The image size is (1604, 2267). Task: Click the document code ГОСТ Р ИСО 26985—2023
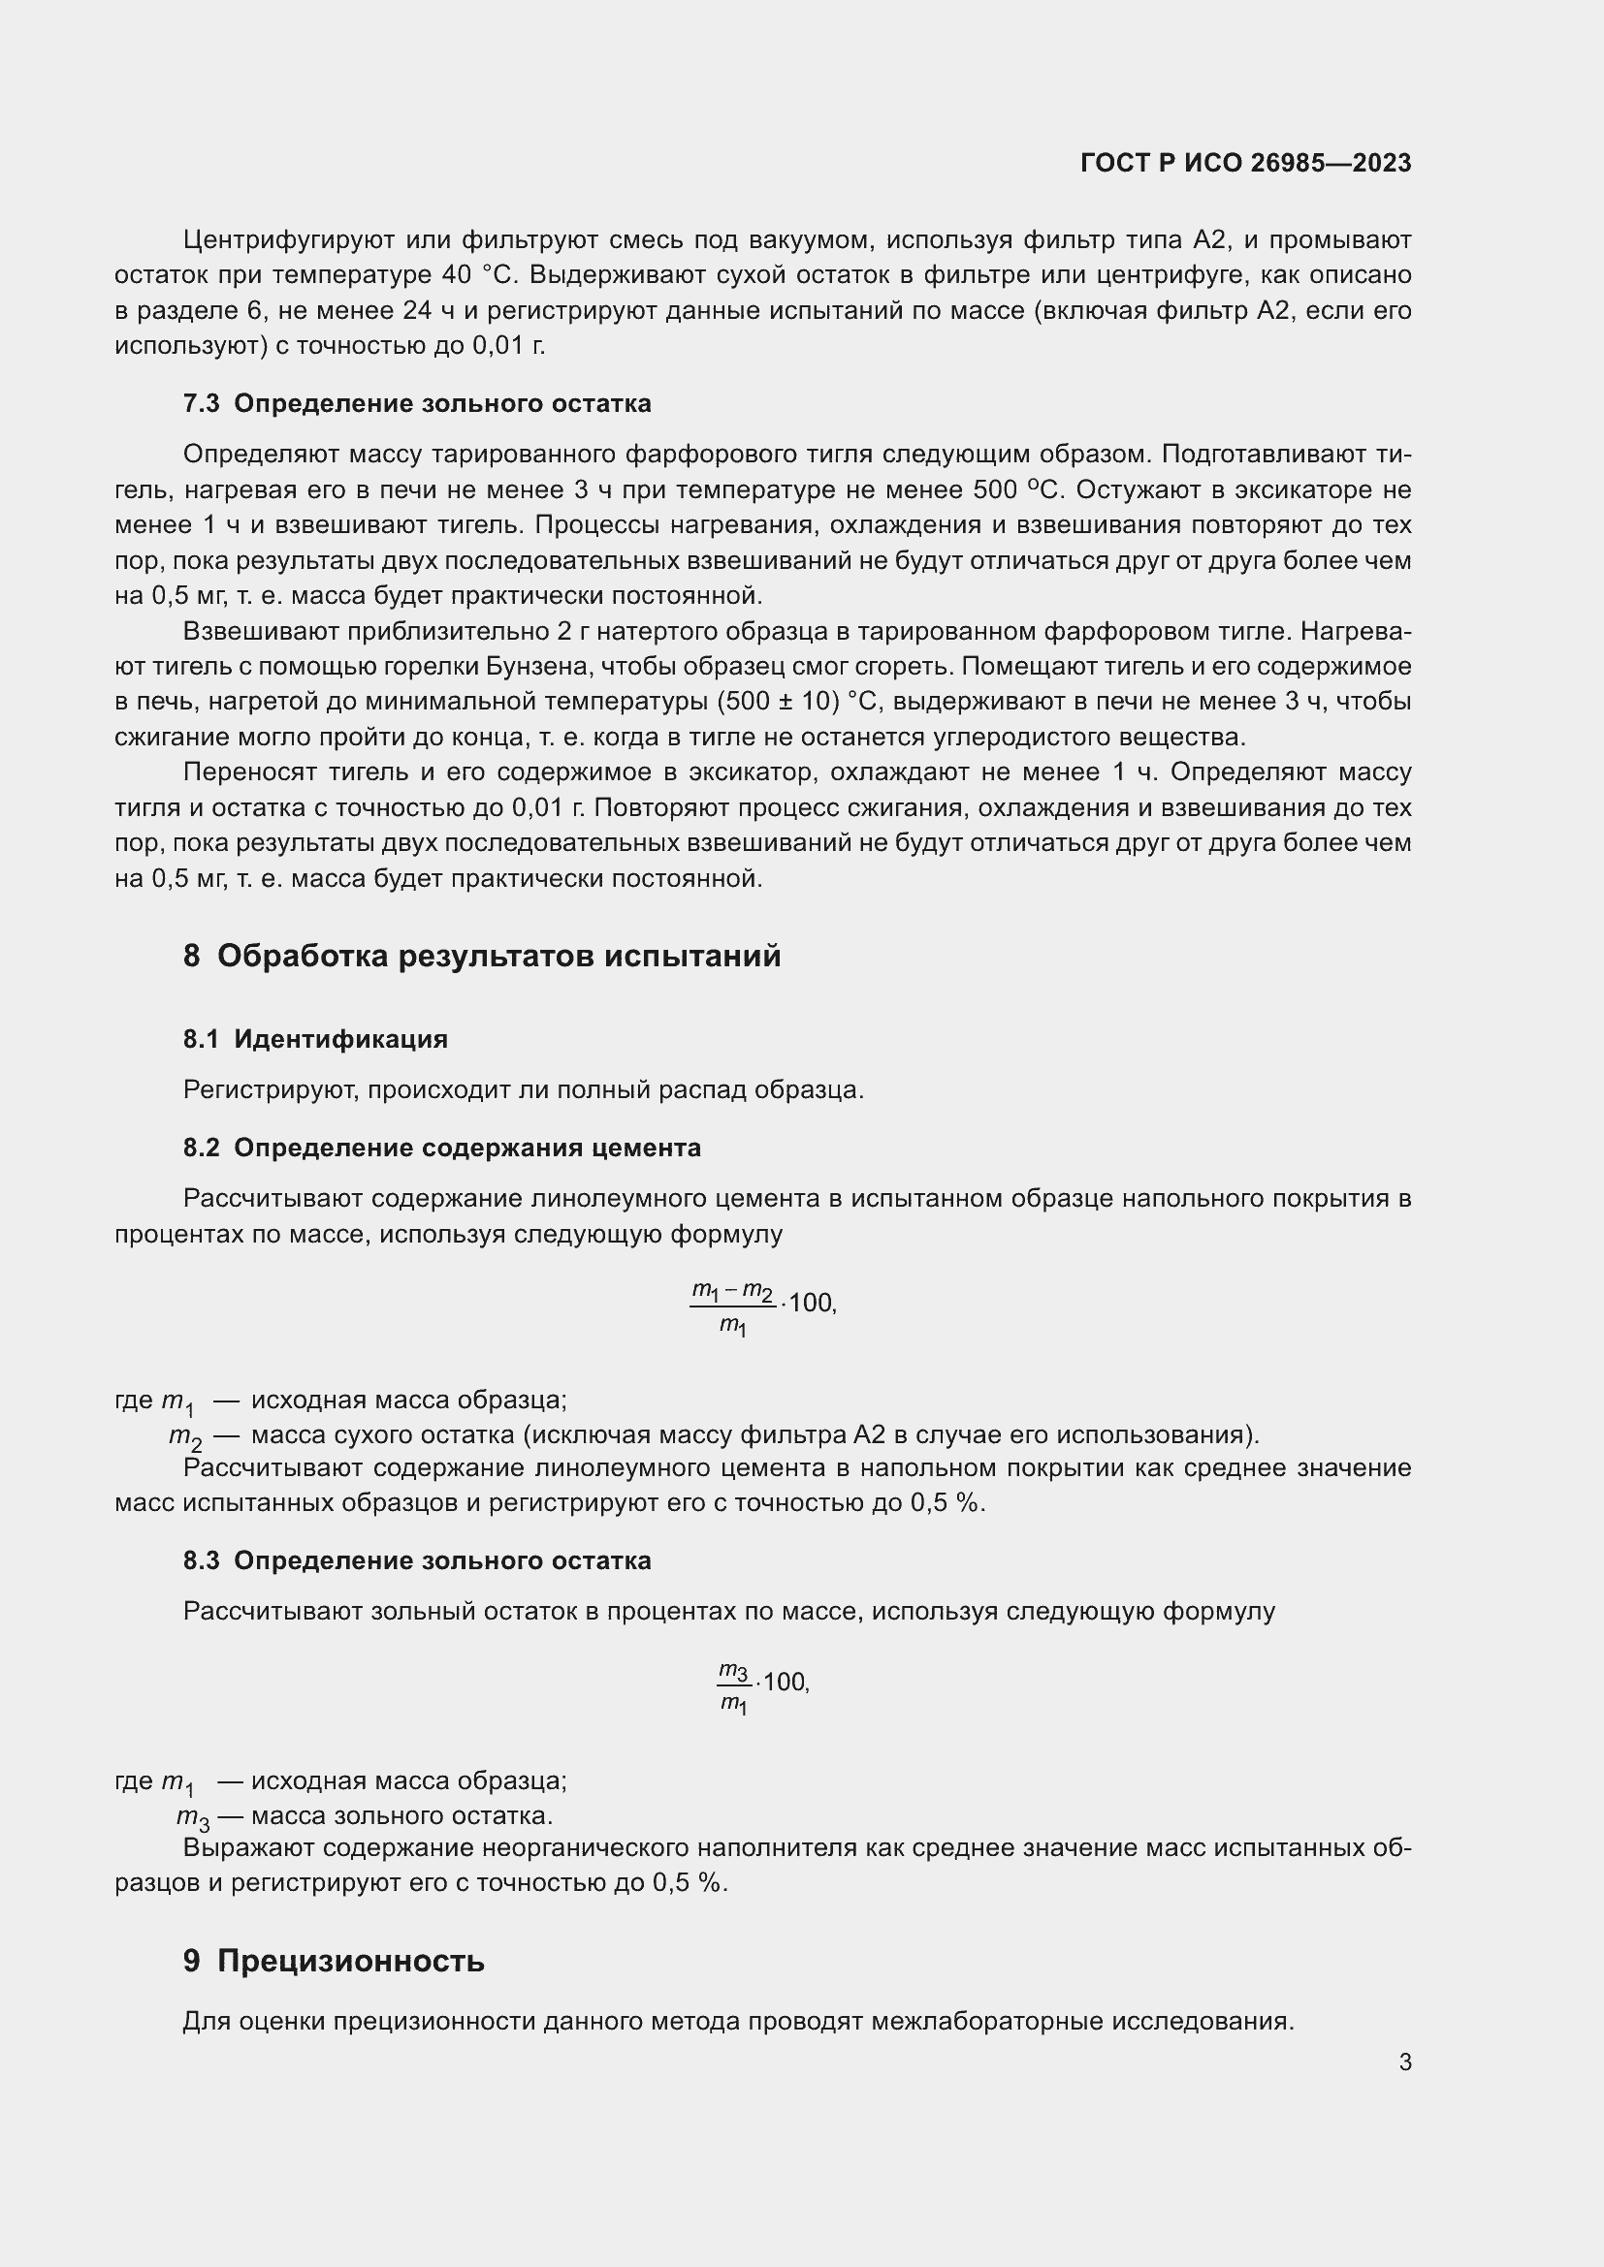pos(1245,163)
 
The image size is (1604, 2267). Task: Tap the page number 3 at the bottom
pos(1404,2062)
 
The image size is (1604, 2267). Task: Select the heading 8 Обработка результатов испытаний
pos(481,956)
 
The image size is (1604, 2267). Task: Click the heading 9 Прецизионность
pos(333,1961)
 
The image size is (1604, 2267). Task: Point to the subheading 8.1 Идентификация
pos(315,1039)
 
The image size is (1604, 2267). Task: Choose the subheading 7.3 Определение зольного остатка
pos(417,403)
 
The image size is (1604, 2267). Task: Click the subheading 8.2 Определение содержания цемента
pos(441,1148)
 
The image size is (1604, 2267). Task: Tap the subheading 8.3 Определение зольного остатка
pos(417,1560)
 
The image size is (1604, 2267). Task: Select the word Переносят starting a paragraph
pos(248,772)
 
